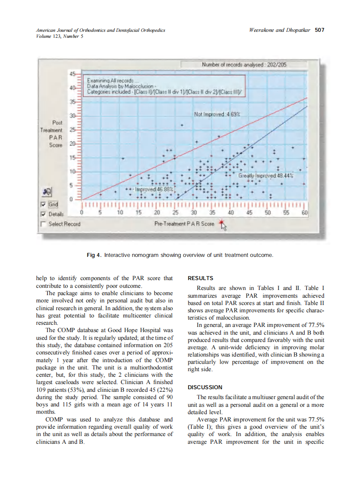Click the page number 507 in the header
pyautogui.click(x=319, y=30)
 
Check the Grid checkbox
pyautogui.click(x=43, y=205)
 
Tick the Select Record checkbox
pyautogui.click(x=43, y=223)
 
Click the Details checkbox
pyautogui.click(x=43, y=214)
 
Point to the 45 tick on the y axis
pyautogui.click(x=72, y=73)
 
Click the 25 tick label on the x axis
pyautogui.click(x=175, y=213)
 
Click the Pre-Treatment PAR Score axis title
pyautogui.click(x=184, y=224)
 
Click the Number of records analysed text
pyautogui.click(x=244, y=64)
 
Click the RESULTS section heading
pyautogui.click(x=200, y=278)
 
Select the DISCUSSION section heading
pyautogui.click(x=205, y=387)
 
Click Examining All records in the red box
pyautogui.click(x=110, y=80)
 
